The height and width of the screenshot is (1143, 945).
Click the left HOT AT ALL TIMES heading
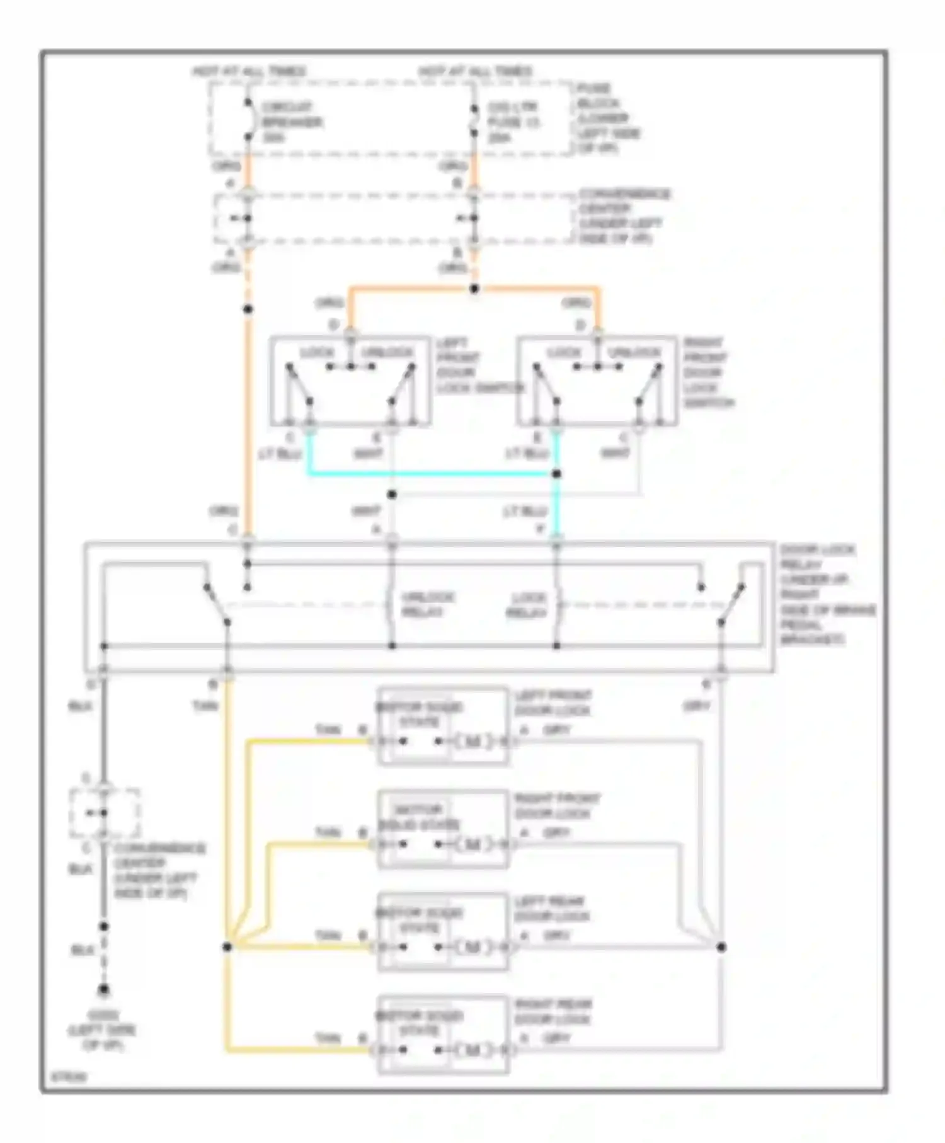249,71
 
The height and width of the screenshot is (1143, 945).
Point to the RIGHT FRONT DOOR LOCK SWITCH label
707,372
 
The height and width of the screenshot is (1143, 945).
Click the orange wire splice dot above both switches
474,289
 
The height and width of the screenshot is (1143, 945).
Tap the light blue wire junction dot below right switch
556,474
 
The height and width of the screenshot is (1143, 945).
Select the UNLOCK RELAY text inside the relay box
428,604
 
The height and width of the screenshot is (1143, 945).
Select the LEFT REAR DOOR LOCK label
551,909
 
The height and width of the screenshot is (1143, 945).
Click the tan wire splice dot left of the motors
227,947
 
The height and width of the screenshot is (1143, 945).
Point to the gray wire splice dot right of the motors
722,947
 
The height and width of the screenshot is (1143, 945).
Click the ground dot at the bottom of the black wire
104,991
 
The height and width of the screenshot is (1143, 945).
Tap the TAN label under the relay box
205,706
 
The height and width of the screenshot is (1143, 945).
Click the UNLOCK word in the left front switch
387,352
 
